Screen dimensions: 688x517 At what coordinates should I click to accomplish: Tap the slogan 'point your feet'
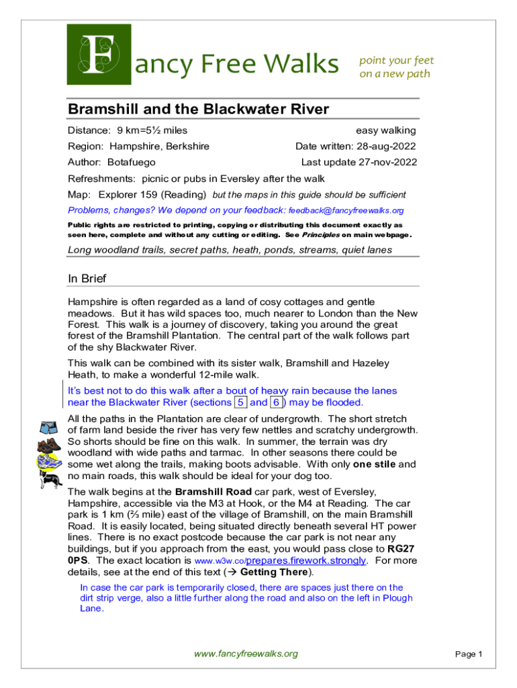pos(397,60)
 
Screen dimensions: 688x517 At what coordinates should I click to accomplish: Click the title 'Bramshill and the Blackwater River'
pos(199,110)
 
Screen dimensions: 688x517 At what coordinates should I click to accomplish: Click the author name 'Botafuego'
pos(131,162)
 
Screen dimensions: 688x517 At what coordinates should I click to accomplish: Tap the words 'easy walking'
pos(385,130)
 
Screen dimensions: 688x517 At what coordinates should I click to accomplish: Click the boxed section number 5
pos(240,402)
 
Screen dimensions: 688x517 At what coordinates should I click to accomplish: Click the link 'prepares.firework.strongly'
pos(306,560)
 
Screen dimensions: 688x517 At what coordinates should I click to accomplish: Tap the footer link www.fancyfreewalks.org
pos(245,654)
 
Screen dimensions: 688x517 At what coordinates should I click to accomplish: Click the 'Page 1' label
pos(469,654)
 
